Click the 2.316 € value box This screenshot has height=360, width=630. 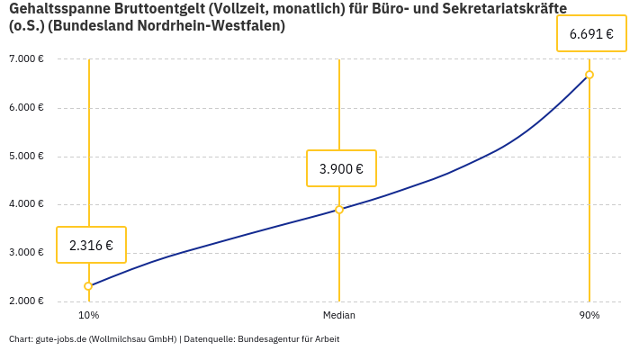coord(91,245)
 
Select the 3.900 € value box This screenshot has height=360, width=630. coord(341,168)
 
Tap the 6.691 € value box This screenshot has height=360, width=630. coord(591,34)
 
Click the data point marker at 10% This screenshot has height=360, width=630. coord(88,286)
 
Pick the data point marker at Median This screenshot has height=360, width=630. coord(339,210)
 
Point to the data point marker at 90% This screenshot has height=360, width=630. coord(589,75)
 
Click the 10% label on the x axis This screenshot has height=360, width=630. coord(88,315)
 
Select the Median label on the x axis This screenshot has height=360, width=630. coord(339,315)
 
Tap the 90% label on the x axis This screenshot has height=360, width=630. coord(589,315)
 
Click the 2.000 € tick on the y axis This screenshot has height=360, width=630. coord(26,301)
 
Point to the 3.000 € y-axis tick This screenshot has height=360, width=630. coord(26,252)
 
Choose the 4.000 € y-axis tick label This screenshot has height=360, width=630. coord(26,204)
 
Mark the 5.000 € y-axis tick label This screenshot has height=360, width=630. coord(26,156)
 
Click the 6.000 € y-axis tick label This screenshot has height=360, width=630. coord(26,107)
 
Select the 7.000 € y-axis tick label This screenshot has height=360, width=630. coord(26,59)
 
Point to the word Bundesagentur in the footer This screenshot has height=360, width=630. coord(269,339)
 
